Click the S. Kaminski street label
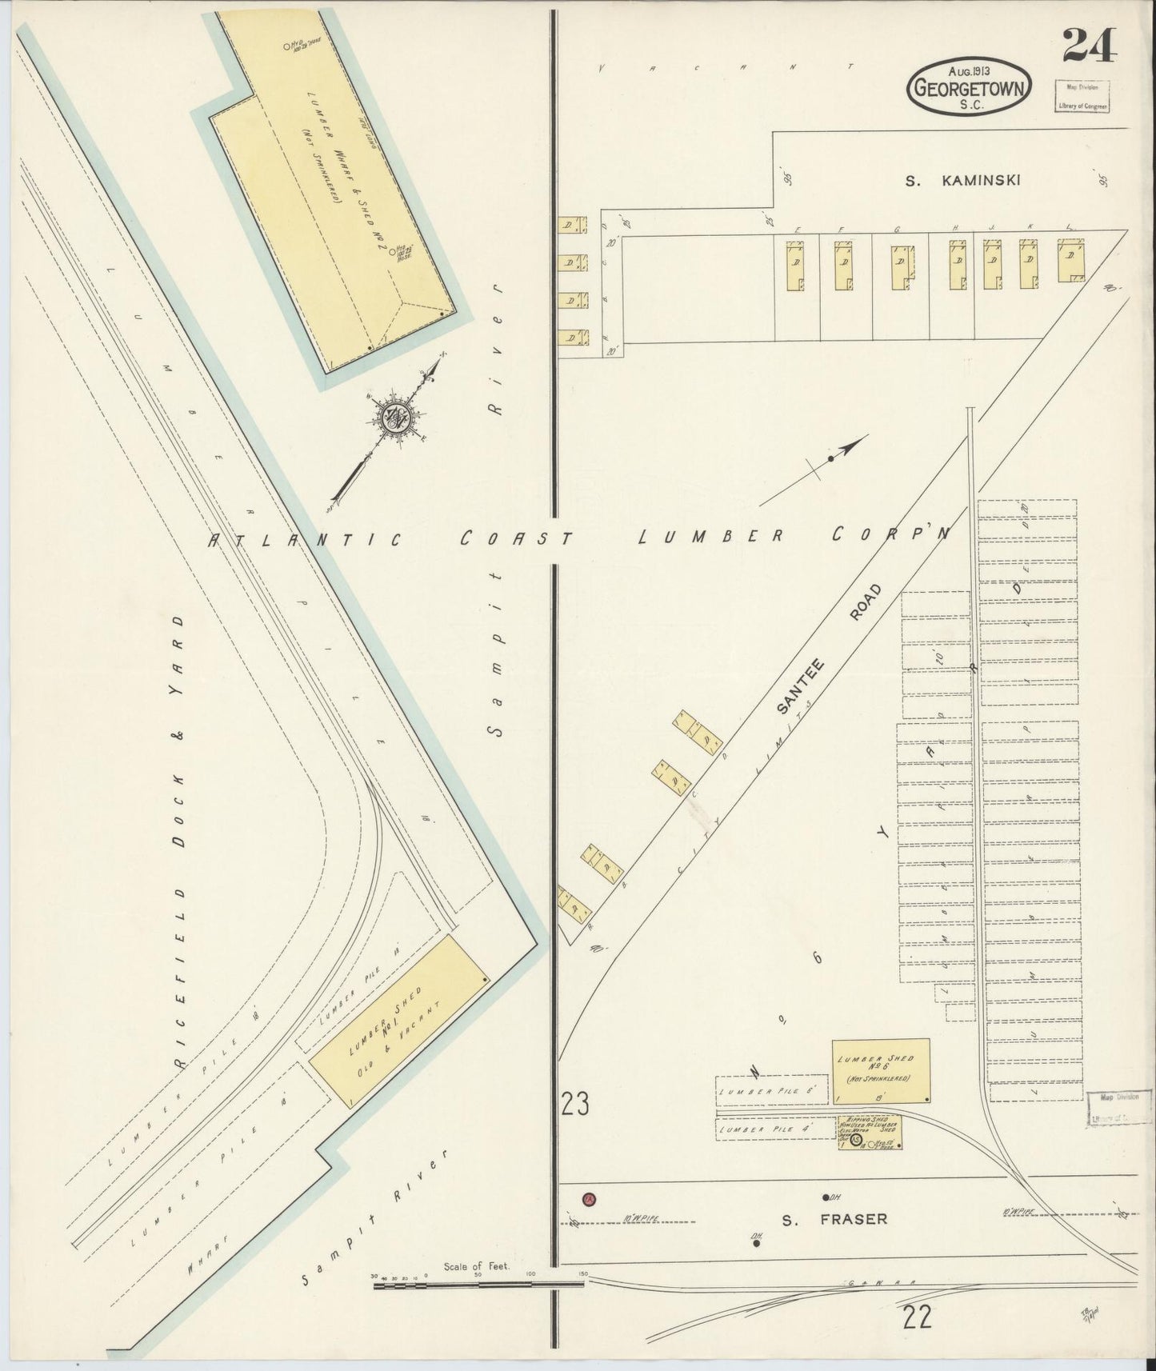point(962,181)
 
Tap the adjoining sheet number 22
point(918,1317)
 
